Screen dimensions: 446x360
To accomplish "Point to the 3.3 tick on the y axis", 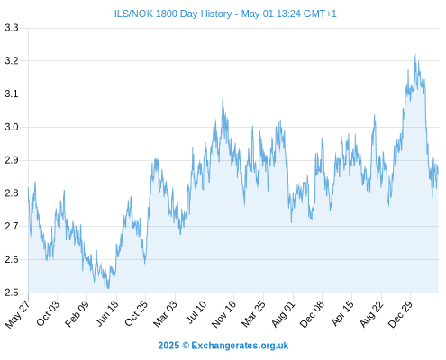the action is (x=12, y=28).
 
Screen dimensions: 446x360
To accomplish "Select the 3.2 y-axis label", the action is (x=12, y=61).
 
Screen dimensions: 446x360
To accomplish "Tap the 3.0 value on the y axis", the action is (x=12, y=127).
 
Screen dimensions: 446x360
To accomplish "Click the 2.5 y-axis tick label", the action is (x=12, y=292).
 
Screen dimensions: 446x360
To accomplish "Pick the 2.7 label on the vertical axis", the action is (x=12, y=226).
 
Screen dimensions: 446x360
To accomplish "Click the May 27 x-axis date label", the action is (x=17, y=314).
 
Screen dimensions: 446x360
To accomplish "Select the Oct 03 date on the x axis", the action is (x=48, y=313).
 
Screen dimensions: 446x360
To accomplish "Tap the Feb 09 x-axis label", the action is (x=77, y=313).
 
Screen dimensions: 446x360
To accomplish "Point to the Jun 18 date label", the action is (x=106, y=313).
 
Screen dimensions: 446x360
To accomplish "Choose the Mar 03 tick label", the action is (x=165, y=313).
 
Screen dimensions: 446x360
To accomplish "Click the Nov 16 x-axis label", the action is (x=223, y=314).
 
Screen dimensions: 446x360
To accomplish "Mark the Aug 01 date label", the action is (x=283, y=314).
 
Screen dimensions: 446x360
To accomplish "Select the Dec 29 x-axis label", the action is (x=400, y=314).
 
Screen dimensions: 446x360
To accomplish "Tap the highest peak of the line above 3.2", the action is (x=415, y=54).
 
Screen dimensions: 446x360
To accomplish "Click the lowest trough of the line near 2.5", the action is (x=108, y=288).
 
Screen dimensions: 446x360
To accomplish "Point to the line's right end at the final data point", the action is (x=438, y=174).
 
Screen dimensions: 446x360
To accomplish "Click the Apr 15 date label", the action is (x=342, y=313).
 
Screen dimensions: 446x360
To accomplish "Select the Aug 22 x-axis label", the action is (x=371, y=314).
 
